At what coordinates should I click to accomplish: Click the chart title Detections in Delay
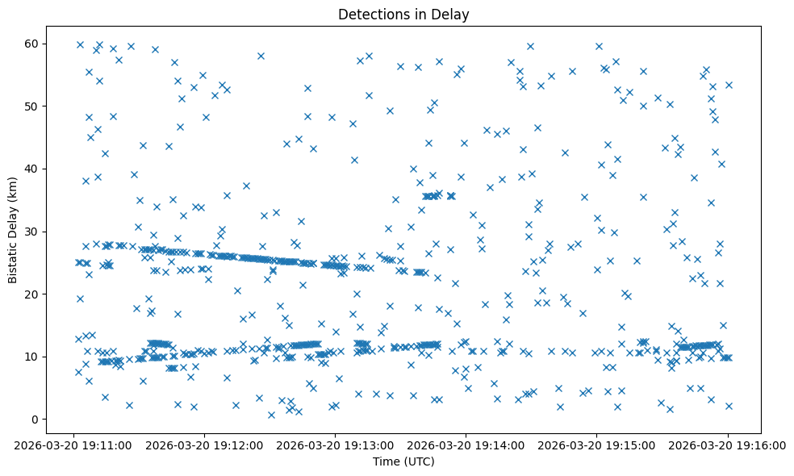[x=403, y=14]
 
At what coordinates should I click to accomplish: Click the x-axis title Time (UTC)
[x=403, y=461]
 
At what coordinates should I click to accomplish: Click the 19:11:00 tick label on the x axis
[x=73, y=445]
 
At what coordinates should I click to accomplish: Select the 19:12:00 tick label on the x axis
[x=204, y=445]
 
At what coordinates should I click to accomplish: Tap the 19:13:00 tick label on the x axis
[x=335, y=445]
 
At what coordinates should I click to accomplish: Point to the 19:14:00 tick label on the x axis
[x=466, y=445]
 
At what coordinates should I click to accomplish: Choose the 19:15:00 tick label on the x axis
[x=597, y=445]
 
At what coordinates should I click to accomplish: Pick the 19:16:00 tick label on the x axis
[x=728, y=445]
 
